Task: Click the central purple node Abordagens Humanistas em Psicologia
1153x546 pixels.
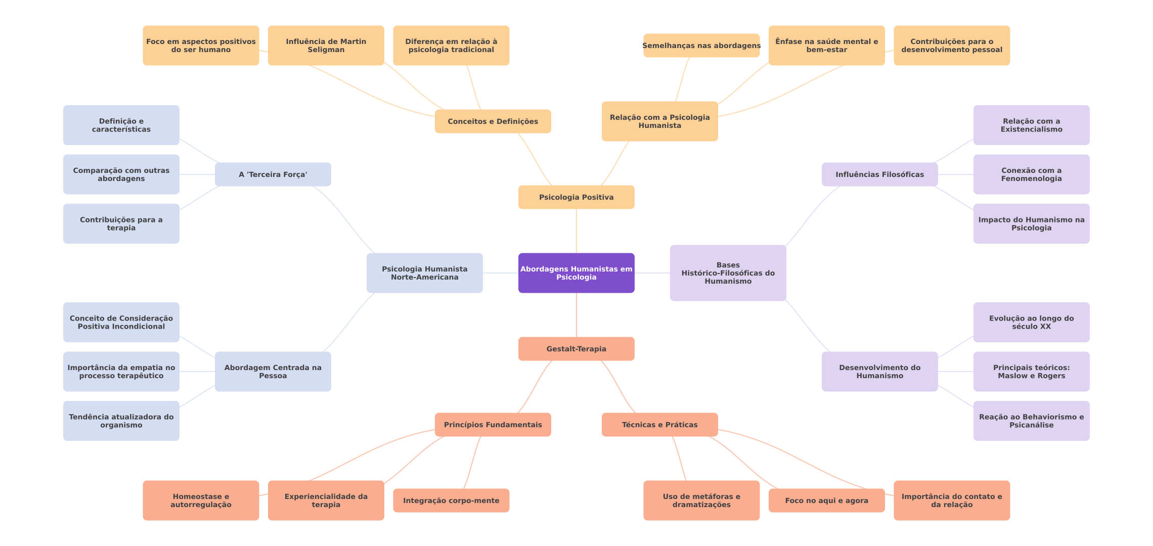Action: click(x=576, y=273)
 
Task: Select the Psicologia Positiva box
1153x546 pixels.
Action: click(x=576, y=197)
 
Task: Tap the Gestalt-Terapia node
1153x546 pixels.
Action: click(x=576, y=349)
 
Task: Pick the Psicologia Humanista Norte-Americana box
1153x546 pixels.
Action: click(x=424, y=273)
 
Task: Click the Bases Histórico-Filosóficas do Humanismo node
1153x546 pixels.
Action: click(x=728, y=273)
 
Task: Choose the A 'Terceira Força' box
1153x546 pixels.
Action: click(x=273, y=174)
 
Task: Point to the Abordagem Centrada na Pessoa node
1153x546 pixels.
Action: click(x=273, y=372)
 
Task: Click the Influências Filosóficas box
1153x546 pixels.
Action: click(x=879, y=174)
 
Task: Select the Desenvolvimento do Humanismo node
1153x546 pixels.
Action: click(x=879, y=372)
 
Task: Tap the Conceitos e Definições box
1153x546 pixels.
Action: click(x=493, y=121)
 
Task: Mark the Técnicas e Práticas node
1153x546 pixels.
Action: click(x=659, y=425)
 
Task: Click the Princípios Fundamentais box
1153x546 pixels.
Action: click(x=493, y=425)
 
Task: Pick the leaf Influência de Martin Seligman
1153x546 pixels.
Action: click(x=326, y=45)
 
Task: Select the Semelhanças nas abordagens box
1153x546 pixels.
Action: click(x=701, y=45)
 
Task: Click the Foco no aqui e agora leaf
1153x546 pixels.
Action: click(x=826, y=500)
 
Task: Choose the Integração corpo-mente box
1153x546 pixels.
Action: click(x=451, y=500)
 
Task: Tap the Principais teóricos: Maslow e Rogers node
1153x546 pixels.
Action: click(x=1031, y=372)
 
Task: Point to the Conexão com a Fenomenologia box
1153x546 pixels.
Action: click(x=1031, y=174)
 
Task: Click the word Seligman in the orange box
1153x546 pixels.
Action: click(x=326, y=50)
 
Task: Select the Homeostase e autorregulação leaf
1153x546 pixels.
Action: click(x=201, y=500)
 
